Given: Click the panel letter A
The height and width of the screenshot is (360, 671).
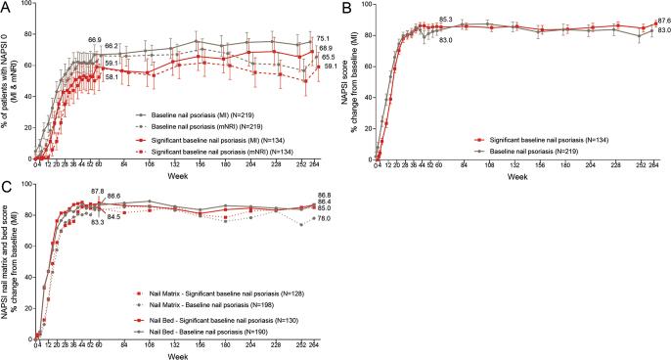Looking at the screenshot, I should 7,8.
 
